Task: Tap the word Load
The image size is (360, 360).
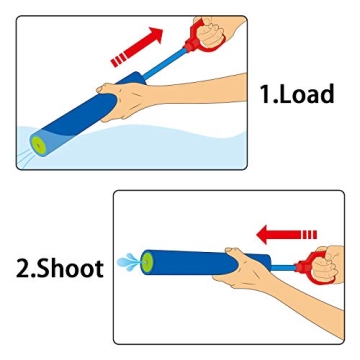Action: click(x=305, y=94)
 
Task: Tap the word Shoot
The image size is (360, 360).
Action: click(x=67, y=268)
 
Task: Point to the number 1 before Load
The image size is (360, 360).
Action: click(x=265, y=94)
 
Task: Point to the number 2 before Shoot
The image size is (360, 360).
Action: click(x=23, y=268)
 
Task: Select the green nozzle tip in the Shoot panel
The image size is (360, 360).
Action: click(x=149, y=264)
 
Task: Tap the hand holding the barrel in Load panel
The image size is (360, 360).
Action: click(x=135, y=98)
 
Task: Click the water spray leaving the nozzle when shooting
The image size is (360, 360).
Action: click(x=128, y=263)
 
